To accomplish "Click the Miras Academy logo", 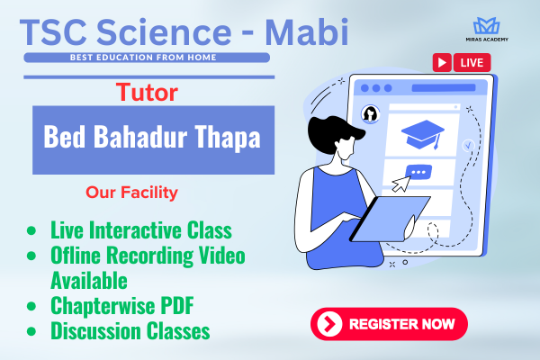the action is click(x=487, y=29).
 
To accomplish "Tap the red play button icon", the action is click(x=442, y=63).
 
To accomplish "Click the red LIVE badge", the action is click(x=472, y=63).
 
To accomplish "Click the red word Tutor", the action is click(x=147, y=93).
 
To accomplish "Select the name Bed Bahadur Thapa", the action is click(x=152, y=137).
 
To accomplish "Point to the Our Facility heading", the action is click(x=131, y=193).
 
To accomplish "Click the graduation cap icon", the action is click(x=423, y=134).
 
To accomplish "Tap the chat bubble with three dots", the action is click(x=418, y=172).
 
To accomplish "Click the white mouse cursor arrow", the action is click(x=401, y=184).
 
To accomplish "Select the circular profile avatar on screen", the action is click(x=370, y=113).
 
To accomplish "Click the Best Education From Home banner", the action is click(x=147, y=58).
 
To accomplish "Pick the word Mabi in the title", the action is click(x=307, y=32).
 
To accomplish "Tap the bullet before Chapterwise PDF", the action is click(x=31, y=306).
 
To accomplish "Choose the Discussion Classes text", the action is click(x=130, y=330).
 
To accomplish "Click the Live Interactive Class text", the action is click(x=141, y=229).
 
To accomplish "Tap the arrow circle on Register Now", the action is click(x=329, y=324).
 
